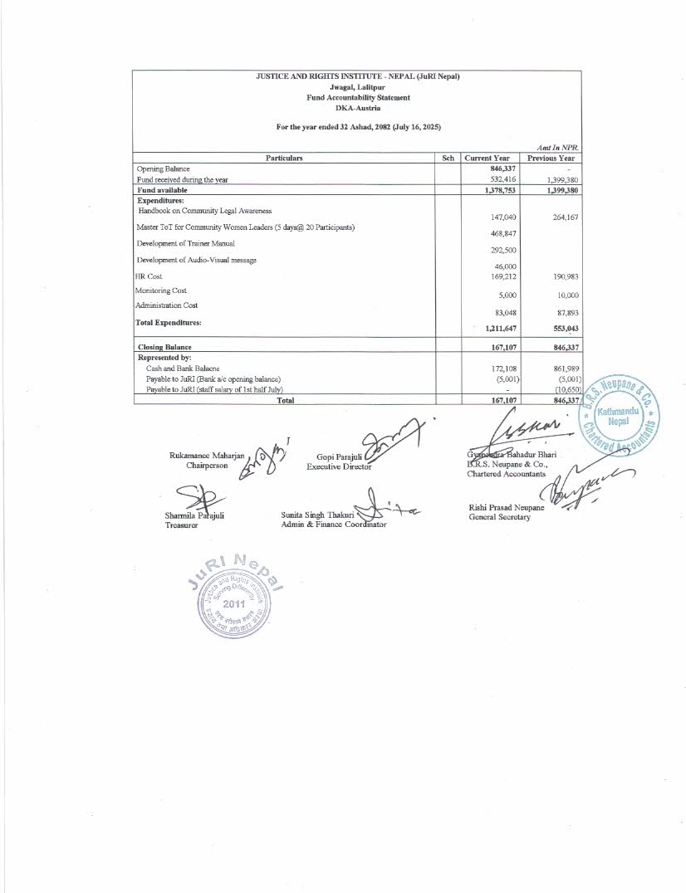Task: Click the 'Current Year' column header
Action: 488,158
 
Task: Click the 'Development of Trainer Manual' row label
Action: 185,243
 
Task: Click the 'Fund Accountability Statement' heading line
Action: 358,98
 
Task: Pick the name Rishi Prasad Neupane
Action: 507,507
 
